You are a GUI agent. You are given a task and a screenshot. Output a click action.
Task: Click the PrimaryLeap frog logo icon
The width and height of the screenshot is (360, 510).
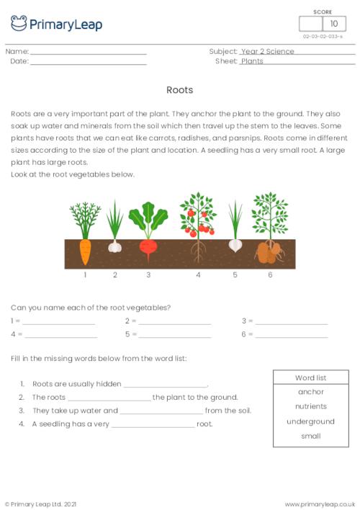click(x=19, y=24)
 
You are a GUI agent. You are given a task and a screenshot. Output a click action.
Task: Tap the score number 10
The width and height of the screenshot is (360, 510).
click(x=333, y=24)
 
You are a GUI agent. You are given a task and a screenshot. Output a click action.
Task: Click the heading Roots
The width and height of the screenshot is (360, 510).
click(x=179, y=90)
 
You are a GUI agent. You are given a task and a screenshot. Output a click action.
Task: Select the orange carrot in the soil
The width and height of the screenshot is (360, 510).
click(x=85, y=251)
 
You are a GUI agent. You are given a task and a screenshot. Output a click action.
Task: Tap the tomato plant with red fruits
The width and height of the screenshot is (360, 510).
click(x=197, y=216)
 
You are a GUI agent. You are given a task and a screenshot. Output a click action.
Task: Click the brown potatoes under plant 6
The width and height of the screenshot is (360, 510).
click(x=270, y=252)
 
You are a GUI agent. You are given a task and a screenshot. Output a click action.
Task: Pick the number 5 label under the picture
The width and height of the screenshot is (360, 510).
click(x=235, y=275)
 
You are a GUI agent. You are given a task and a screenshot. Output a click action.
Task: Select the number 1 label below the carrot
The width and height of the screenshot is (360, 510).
click(x=85, y=275)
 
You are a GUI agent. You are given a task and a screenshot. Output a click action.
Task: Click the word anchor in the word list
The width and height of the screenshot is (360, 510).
click(x=311, y=392)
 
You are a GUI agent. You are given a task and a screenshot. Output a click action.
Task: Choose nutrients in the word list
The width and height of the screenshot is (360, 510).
click(x=311, y=406)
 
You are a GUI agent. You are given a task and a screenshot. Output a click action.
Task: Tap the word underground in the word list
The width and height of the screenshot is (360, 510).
click(x=311, y=421)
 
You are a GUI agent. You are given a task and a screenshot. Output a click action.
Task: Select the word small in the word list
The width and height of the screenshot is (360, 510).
click(x=311, y=436)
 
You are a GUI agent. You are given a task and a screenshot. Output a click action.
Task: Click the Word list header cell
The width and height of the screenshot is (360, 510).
click(x=311, y=377)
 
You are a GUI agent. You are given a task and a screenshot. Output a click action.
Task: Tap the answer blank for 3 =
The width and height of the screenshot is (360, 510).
click(x=291, y=322)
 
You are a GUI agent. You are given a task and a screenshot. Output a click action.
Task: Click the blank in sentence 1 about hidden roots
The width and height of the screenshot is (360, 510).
click(x=166, y=385)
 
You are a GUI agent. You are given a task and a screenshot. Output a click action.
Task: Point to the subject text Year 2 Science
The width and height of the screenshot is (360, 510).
click(x=268, y=52)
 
